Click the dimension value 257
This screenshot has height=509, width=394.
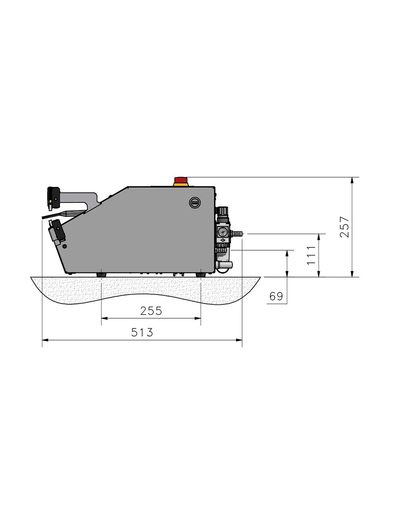tap(344, 227)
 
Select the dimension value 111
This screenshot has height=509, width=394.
tap(311, 255)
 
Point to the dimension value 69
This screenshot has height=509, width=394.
tap(276, 296)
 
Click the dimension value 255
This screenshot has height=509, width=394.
tap(151, 311)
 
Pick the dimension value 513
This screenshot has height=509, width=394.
tap(142, 332)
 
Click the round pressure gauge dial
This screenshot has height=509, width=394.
tap(222, 232)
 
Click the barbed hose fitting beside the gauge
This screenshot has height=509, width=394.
tap(236, 233)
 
